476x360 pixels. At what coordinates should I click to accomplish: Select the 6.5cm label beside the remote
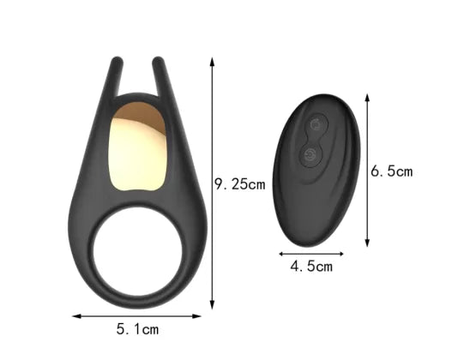pos(392,171)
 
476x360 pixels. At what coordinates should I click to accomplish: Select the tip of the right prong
pos(159,62)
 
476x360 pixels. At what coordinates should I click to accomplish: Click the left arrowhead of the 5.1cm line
pos(75,316)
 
